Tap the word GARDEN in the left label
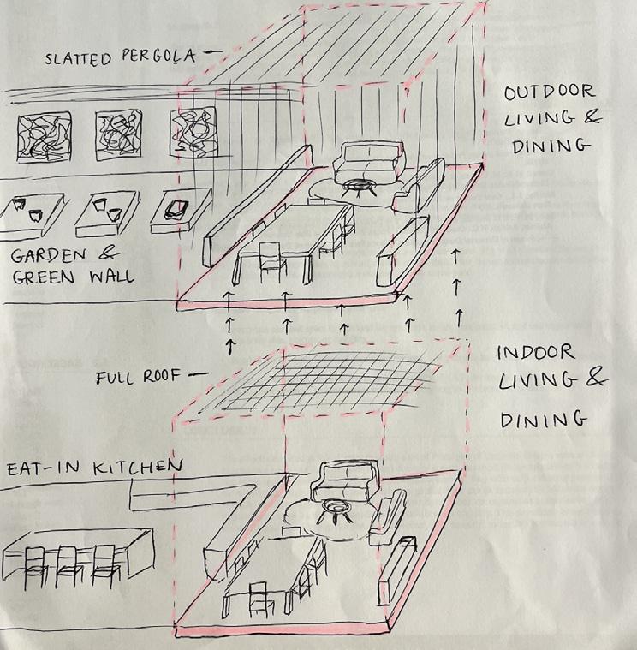(x=50, y=255)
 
